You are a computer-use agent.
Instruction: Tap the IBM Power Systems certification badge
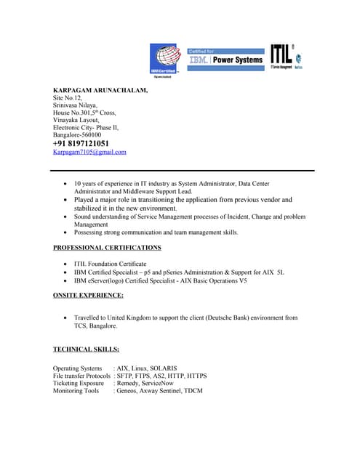pos(225,58)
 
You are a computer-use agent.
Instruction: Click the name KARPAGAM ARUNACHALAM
pos(100,89)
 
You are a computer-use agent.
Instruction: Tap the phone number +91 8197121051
pos(81,143)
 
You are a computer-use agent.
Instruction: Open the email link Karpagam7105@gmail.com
pos(89,153)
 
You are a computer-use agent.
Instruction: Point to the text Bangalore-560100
pos(77,134)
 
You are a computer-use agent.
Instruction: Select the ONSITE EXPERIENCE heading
pos(88,296)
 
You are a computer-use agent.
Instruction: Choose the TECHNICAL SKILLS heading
pos(86,349)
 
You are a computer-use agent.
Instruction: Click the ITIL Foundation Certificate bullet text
pos(110,264)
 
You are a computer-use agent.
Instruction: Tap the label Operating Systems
pos(78,368)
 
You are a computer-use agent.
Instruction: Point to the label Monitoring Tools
pos(76,391)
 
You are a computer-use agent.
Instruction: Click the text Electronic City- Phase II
pos(86,127)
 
